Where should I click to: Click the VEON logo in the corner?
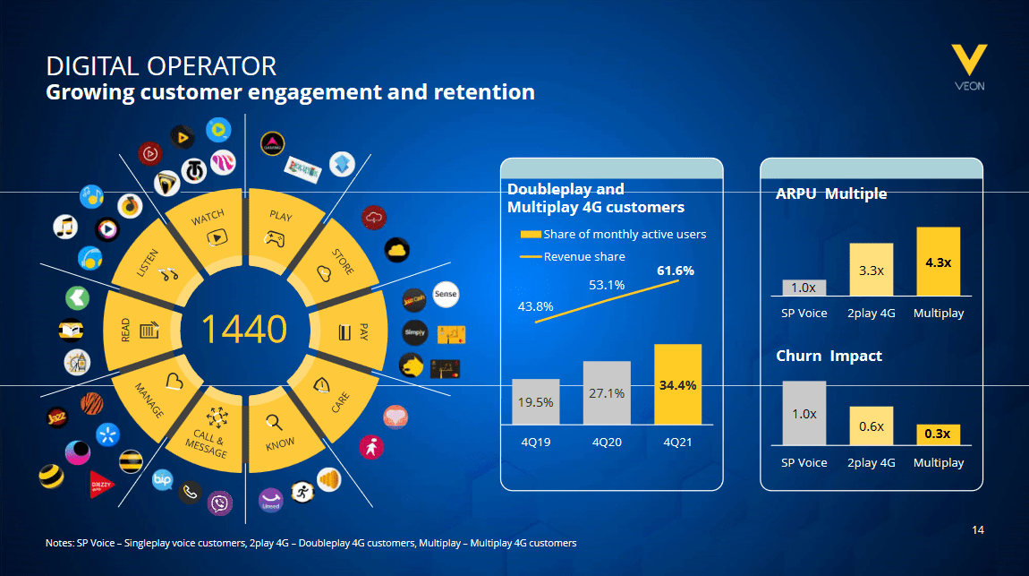coord(969,67)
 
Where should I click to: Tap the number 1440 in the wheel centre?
coord(243,330)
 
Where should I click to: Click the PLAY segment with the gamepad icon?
coord(278,227)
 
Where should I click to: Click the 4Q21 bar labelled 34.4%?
coord(677,384)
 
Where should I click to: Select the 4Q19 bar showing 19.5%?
coord(536,401)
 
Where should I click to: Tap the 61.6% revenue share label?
coord(675,270)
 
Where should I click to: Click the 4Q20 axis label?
coord(607,442)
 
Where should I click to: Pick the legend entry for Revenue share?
coord(573,257)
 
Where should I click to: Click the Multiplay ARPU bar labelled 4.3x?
coord(938,262)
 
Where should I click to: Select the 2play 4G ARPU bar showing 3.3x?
coord(871,270)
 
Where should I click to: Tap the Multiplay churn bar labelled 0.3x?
coord(938,434)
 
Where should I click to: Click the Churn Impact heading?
coord(829,356)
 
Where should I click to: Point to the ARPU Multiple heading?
coord(831,193)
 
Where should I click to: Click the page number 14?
coord(978,530)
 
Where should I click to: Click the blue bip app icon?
coord(162,480)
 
